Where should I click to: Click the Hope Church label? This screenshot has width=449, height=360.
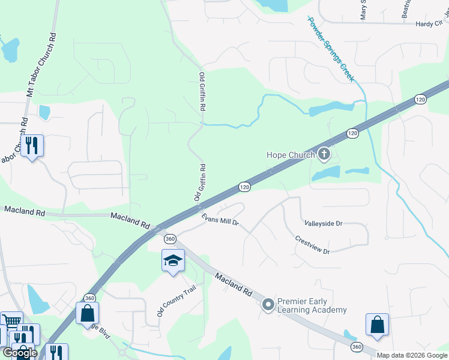coord(291,155)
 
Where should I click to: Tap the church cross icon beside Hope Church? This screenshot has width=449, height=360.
coord(324,154)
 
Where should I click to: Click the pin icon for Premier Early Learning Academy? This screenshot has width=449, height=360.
coord(268,305)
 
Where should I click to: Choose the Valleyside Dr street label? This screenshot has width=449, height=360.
coord(323,223)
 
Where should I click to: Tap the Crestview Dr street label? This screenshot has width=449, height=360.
coord(312,244)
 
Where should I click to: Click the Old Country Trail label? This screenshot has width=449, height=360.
coord(176,301)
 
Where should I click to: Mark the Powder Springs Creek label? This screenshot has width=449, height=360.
coord(331,49)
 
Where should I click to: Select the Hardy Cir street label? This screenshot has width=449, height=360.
coord(429,24)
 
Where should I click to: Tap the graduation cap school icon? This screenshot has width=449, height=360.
coord(173,261)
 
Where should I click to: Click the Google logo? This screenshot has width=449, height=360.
coord(20,353)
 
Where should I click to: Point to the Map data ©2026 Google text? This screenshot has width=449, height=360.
coord(412,355)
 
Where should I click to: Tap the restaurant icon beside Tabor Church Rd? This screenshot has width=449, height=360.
coord(32,145)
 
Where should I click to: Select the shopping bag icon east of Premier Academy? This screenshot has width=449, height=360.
coord(377,325)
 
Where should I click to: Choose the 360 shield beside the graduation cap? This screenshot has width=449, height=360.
coord(170,238)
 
